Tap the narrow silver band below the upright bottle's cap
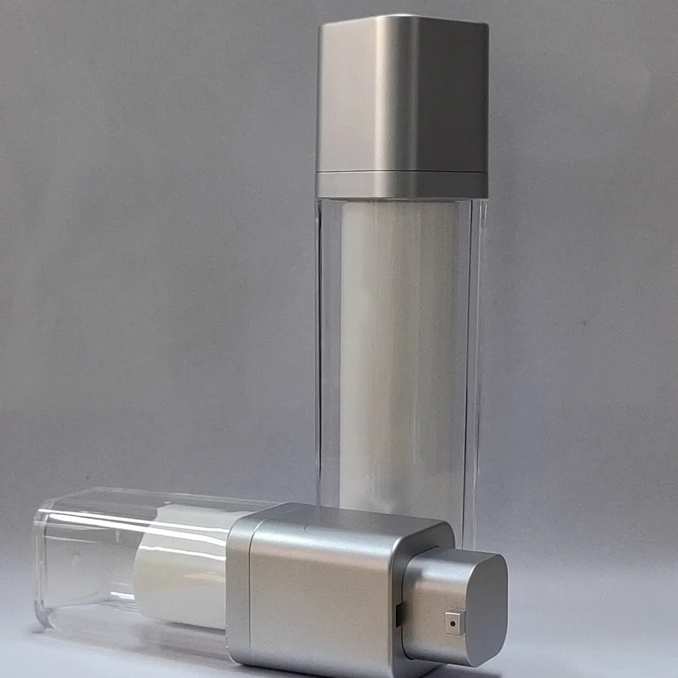point(402,185)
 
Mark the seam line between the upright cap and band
point(402,173)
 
